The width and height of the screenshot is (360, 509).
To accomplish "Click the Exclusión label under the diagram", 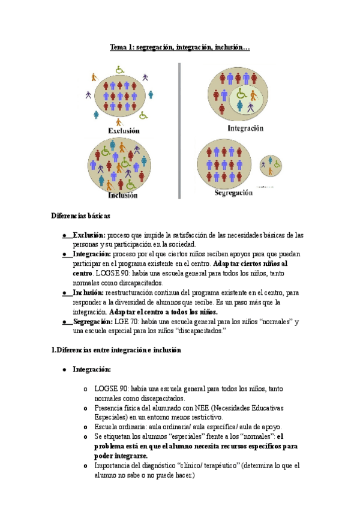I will [124, 130].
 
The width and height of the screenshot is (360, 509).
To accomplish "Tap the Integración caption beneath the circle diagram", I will [245, 128].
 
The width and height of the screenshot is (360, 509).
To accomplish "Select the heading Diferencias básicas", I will [81, 215].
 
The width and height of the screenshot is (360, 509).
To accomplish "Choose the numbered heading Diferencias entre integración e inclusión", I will [116, 350].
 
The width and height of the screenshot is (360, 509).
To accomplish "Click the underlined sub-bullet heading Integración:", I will [92, 370].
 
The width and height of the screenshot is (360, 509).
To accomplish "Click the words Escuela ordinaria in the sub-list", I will [118, 427].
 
